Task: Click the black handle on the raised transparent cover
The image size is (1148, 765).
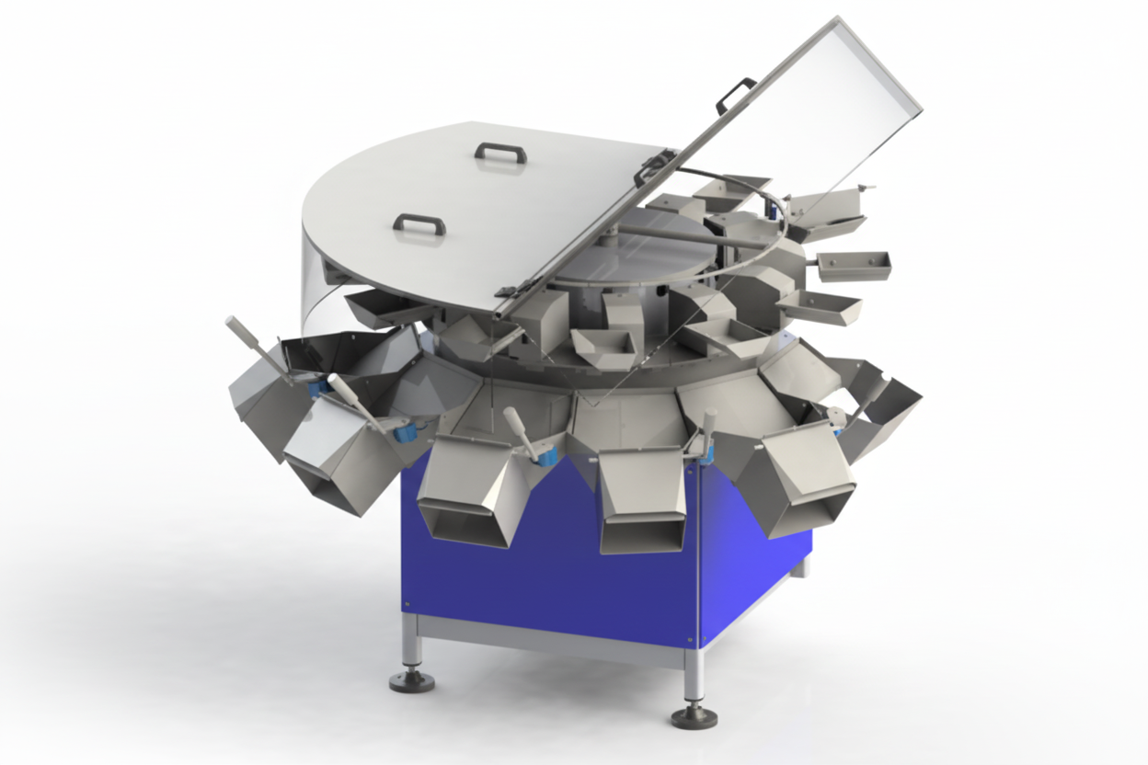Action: [x=737, y=94]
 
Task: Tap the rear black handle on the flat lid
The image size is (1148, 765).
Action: [x=500, y=152]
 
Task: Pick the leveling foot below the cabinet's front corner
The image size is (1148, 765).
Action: [x=695, y=715]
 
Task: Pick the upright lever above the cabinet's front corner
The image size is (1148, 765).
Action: [x=708, y=428]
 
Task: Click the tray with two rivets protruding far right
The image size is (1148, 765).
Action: [x=854, y=265]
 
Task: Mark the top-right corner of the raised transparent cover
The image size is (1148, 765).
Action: [x=920, y=108]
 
